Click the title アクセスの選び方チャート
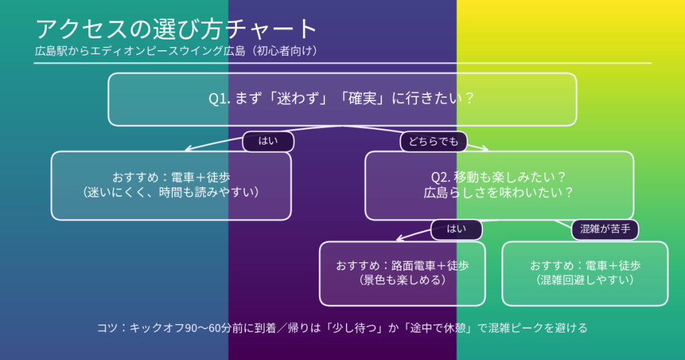176,29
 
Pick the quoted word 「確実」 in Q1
362,99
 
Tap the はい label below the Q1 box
268,141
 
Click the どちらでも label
433,141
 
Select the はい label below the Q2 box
456,229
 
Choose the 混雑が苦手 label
605,229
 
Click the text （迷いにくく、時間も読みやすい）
171,192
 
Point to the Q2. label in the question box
442,177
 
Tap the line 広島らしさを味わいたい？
499,193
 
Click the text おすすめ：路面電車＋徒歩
402,265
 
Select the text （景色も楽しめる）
402,280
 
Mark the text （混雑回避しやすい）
585,280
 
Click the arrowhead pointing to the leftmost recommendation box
188,149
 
